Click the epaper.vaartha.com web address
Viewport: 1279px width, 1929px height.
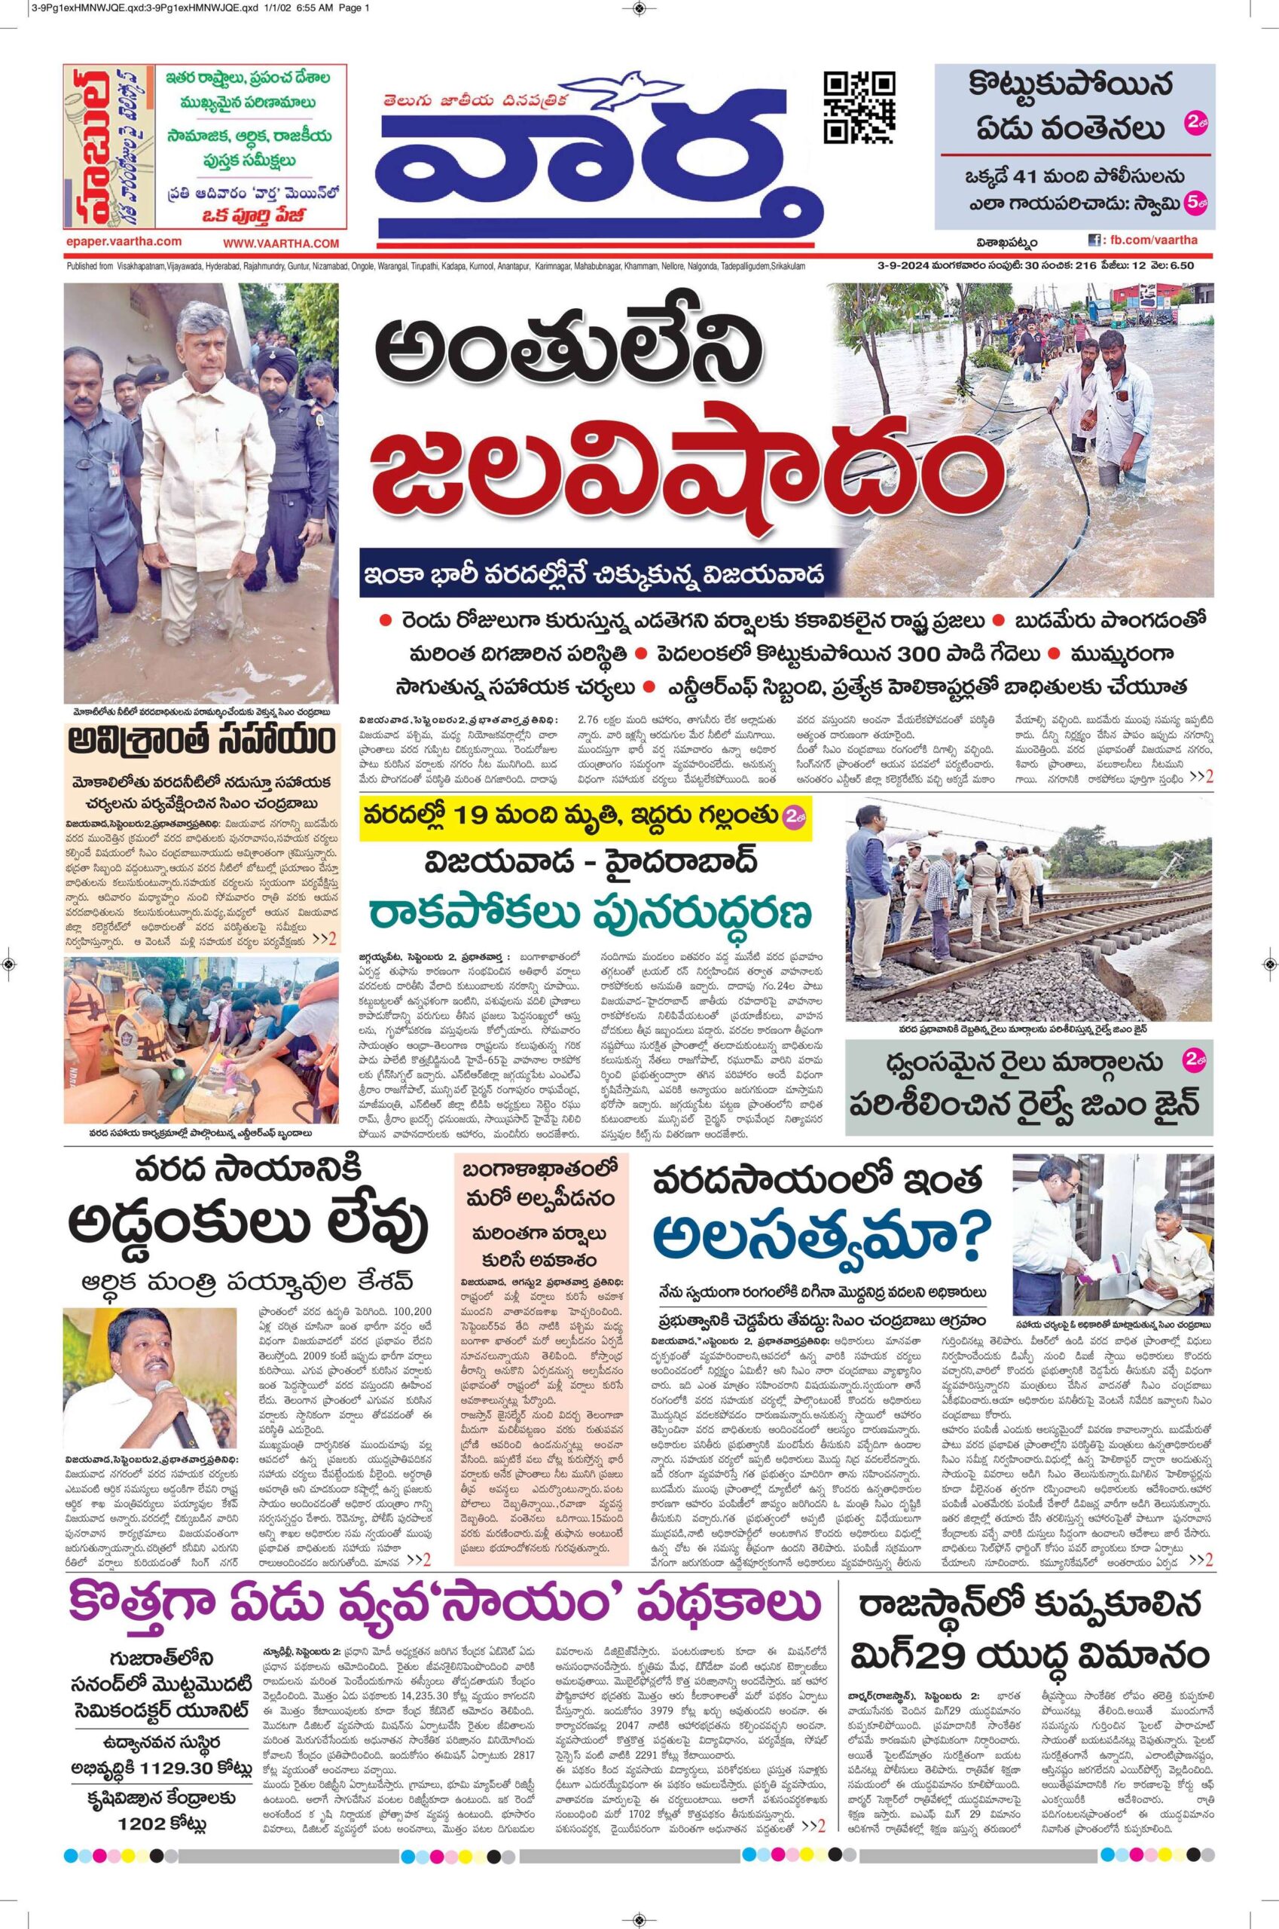pyautogui.click(x=124, y=242)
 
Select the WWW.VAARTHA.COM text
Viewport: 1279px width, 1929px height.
pyautogui.click(x=281, y=243)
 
